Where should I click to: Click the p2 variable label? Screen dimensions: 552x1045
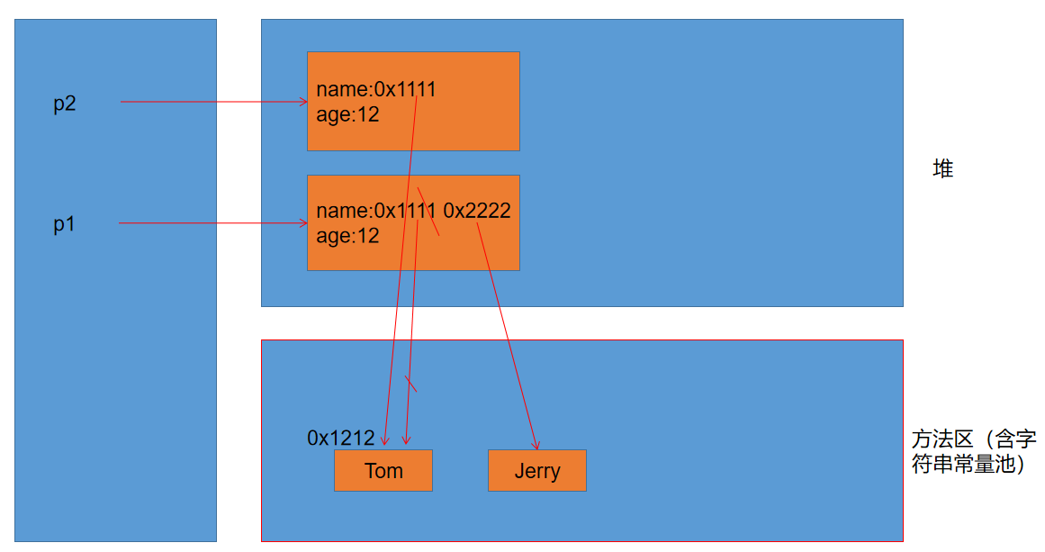(65, 104)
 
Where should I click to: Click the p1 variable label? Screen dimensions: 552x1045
(64, 225)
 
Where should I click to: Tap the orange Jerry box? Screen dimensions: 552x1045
(536, 470)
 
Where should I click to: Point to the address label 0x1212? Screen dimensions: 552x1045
(340, 439)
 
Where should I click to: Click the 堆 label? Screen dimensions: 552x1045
(942, 168)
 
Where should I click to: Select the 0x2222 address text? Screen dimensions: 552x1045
(477, 211)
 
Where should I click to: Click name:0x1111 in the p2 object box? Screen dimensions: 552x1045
(375, 89)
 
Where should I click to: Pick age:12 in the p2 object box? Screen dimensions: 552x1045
(347, 114)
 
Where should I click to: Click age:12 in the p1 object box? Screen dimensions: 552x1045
(347, 236)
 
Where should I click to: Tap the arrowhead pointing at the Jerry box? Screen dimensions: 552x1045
(536, 446)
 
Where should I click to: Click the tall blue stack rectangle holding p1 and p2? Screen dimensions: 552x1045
(115, 360)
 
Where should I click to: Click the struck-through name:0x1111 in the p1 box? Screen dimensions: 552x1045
(376, 211)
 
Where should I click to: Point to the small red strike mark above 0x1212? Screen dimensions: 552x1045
(411, 384)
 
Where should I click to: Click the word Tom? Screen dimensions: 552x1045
(383, 471)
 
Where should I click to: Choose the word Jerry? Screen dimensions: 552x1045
(536, 471)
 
